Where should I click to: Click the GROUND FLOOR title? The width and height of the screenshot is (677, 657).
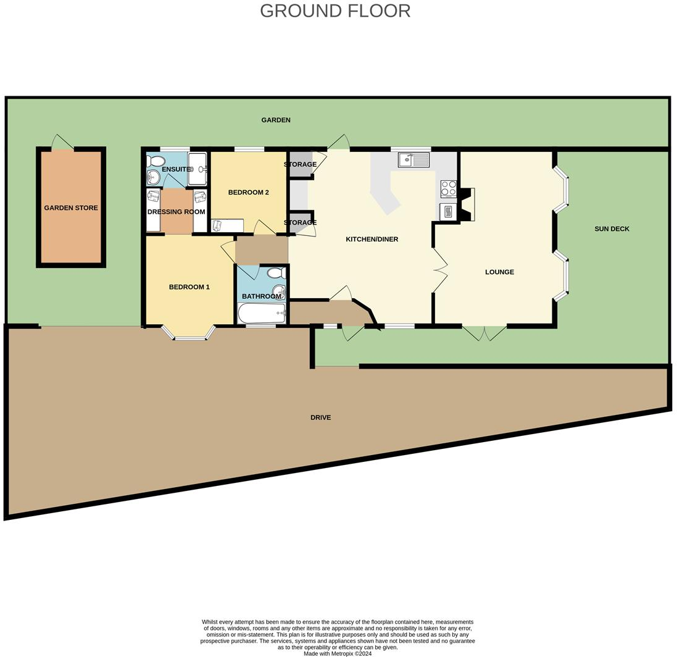(x=334, y=11)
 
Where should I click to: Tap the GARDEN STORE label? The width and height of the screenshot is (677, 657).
(x=71, y=208)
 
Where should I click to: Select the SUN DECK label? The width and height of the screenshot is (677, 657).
(x=612, y=229)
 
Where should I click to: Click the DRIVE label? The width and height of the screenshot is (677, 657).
(x=320, y=418)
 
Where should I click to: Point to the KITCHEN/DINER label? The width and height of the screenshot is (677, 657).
(x=372, y=239)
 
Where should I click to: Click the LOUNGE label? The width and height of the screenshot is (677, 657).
(x=499, y=272)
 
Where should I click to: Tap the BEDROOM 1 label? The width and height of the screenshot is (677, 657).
(x=189, y=287)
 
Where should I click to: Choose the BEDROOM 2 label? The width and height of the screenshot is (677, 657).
(x=248, y=193)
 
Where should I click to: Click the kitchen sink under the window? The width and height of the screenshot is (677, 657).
(x=413, y=161)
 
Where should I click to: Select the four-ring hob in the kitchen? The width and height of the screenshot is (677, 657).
(x=448, y=188)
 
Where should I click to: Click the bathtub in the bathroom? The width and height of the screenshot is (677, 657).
(x=262, y=313)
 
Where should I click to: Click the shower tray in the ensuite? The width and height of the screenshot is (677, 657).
(x=197, y=169)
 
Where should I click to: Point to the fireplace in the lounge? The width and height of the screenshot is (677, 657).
(x=466, y=204)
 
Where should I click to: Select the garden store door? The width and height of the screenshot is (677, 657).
(x=62, y=143)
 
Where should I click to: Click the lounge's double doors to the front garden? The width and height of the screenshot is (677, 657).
(x=484, y=333)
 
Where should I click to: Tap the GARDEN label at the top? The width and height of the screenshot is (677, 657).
(x=276, y=120)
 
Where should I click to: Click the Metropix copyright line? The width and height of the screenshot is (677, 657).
(x=338, y=653)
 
